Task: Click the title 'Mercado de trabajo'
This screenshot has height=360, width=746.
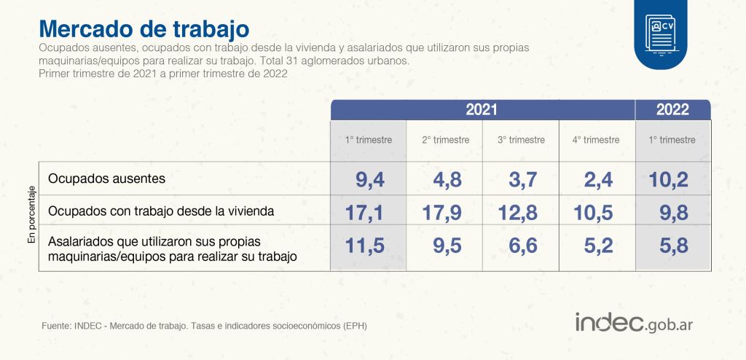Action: pos(144,29)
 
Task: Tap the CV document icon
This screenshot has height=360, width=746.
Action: pos(660,34)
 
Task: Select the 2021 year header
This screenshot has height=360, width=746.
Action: pos(482,110)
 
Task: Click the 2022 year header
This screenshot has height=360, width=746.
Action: pos(672,110)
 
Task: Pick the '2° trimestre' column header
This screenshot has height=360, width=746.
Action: pos(445,140)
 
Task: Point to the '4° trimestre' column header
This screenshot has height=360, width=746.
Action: pos(596,140)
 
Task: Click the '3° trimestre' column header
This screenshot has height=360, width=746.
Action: pos(520,140)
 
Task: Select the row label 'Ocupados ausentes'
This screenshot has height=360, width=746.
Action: pos(107,179)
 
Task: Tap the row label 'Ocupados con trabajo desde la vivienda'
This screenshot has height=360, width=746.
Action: pos(161,211)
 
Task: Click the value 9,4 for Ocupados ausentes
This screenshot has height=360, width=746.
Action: pos(369,180)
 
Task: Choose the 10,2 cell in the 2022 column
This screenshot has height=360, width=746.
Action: pos(668,180)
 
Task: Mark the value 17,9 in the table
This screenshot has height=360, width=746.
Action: pos(441,213)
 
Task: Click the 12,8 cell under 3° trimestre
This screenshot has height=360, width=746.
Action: pos(517,213)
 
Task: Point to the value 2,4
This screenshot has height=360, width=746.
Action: pos(598,180)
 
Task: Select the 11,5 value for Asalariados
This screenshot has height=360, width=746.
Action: pos(365,246)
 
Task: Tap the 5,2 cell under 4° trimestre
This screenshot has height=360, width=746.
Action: pos(598,246)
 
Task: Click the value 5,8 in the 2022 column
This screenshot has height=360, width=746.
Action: pos(674,246)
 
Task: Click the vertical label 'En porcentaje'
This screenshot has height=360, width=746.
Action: pos(31,216)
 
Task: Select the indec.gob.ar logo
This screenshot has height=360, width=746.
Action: pos(634,323)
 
